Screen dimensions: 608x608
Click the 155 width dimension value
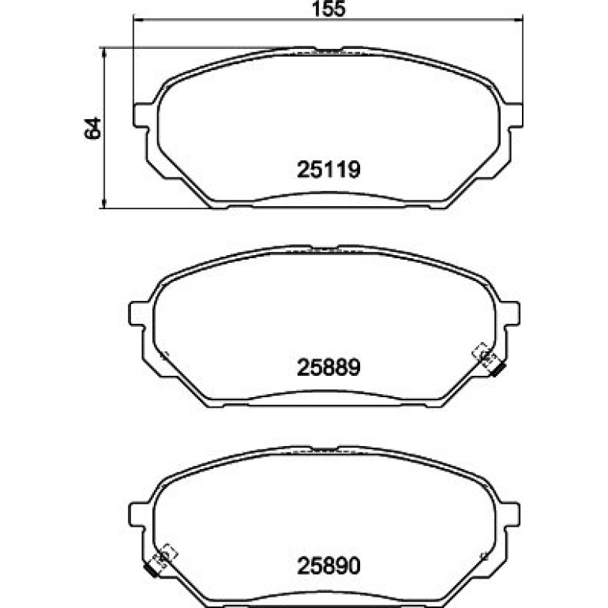328,9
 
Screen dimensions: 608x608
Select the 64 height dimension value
92,128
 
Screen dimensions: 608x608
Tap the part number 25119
328,170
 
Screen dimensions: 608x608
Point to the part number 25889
328,367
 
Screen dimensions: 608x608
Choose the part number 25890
328,565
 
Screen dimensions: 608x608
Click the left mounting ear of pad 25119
141,114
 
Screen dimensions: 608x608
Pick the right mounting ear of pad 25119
516,114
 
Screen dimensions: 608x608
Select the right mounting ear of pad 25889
512,313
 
